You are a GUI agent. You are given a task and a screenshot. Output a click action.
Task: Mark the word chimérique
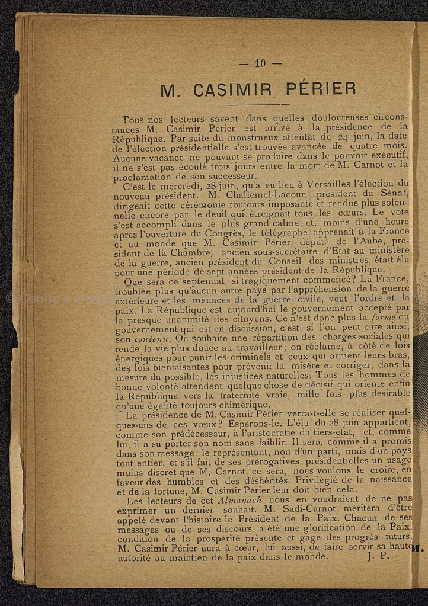pyautogui.click(x=235, y=405)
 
